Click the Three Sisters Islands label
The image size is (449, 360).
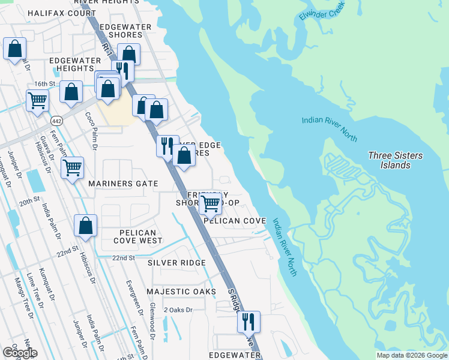tap(395, 160)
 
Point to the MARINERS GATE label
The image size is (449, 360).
tap(123, 184)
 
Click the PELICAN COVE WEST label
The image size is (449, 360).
tap(137, 236)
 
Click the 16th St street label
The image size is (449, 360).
tap(44, 84)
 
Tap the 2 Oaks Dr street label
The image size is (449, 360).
tap(178, 310)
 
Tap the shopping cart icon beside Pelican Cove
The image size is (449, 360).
tap(210, 203)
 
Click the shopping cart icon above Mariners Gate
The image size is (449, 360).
tap(73, 167)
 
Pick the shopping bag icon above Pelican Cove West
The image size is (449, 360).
tap(86, 226)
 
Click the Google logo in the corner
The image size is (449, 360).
tap(19, 353)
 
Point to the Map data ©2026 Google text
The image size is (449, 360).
tap(412, 355)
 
